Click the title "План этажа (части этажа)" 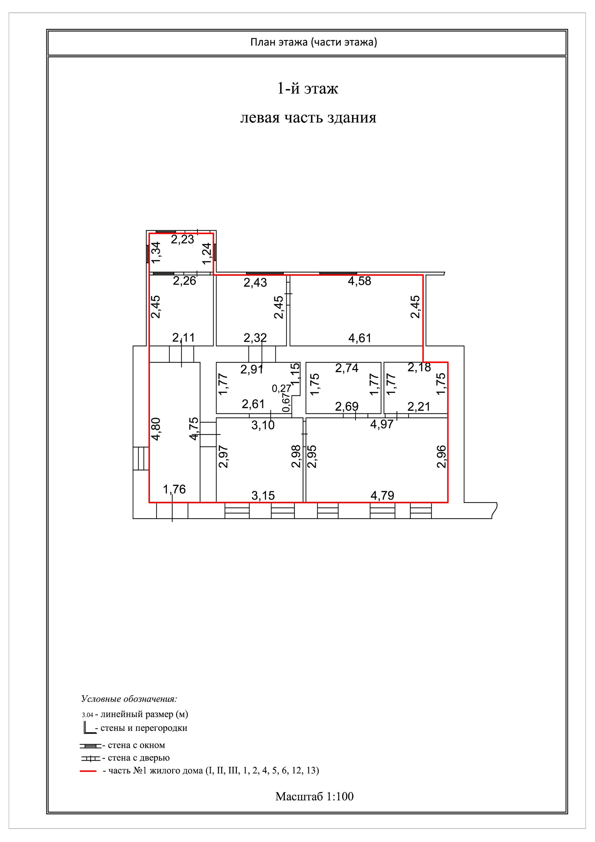pos(314,42)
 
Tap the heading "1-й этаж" pos(307,89)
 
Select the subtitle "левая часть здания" pos(308,118)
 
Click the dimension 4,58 pos(359,281)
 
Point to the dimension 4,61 pos(359,338)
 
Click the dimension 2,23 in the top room pos(182,240)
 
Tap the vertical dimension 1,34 pos(156,252)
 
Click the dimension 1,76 pos(174,489)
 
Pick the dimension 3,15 pos(263,496)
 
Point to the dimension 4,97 pos(382,424)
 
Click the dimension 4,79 pos(382,496)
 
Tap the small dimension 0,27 pos(281,388)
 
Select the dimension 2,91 pos(252,369)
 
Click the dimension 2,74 pos(347,368)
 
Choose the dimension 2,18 pos(419,367)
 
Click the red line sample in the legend pos(88,771)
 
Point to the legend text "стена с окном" pos(136,745)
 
